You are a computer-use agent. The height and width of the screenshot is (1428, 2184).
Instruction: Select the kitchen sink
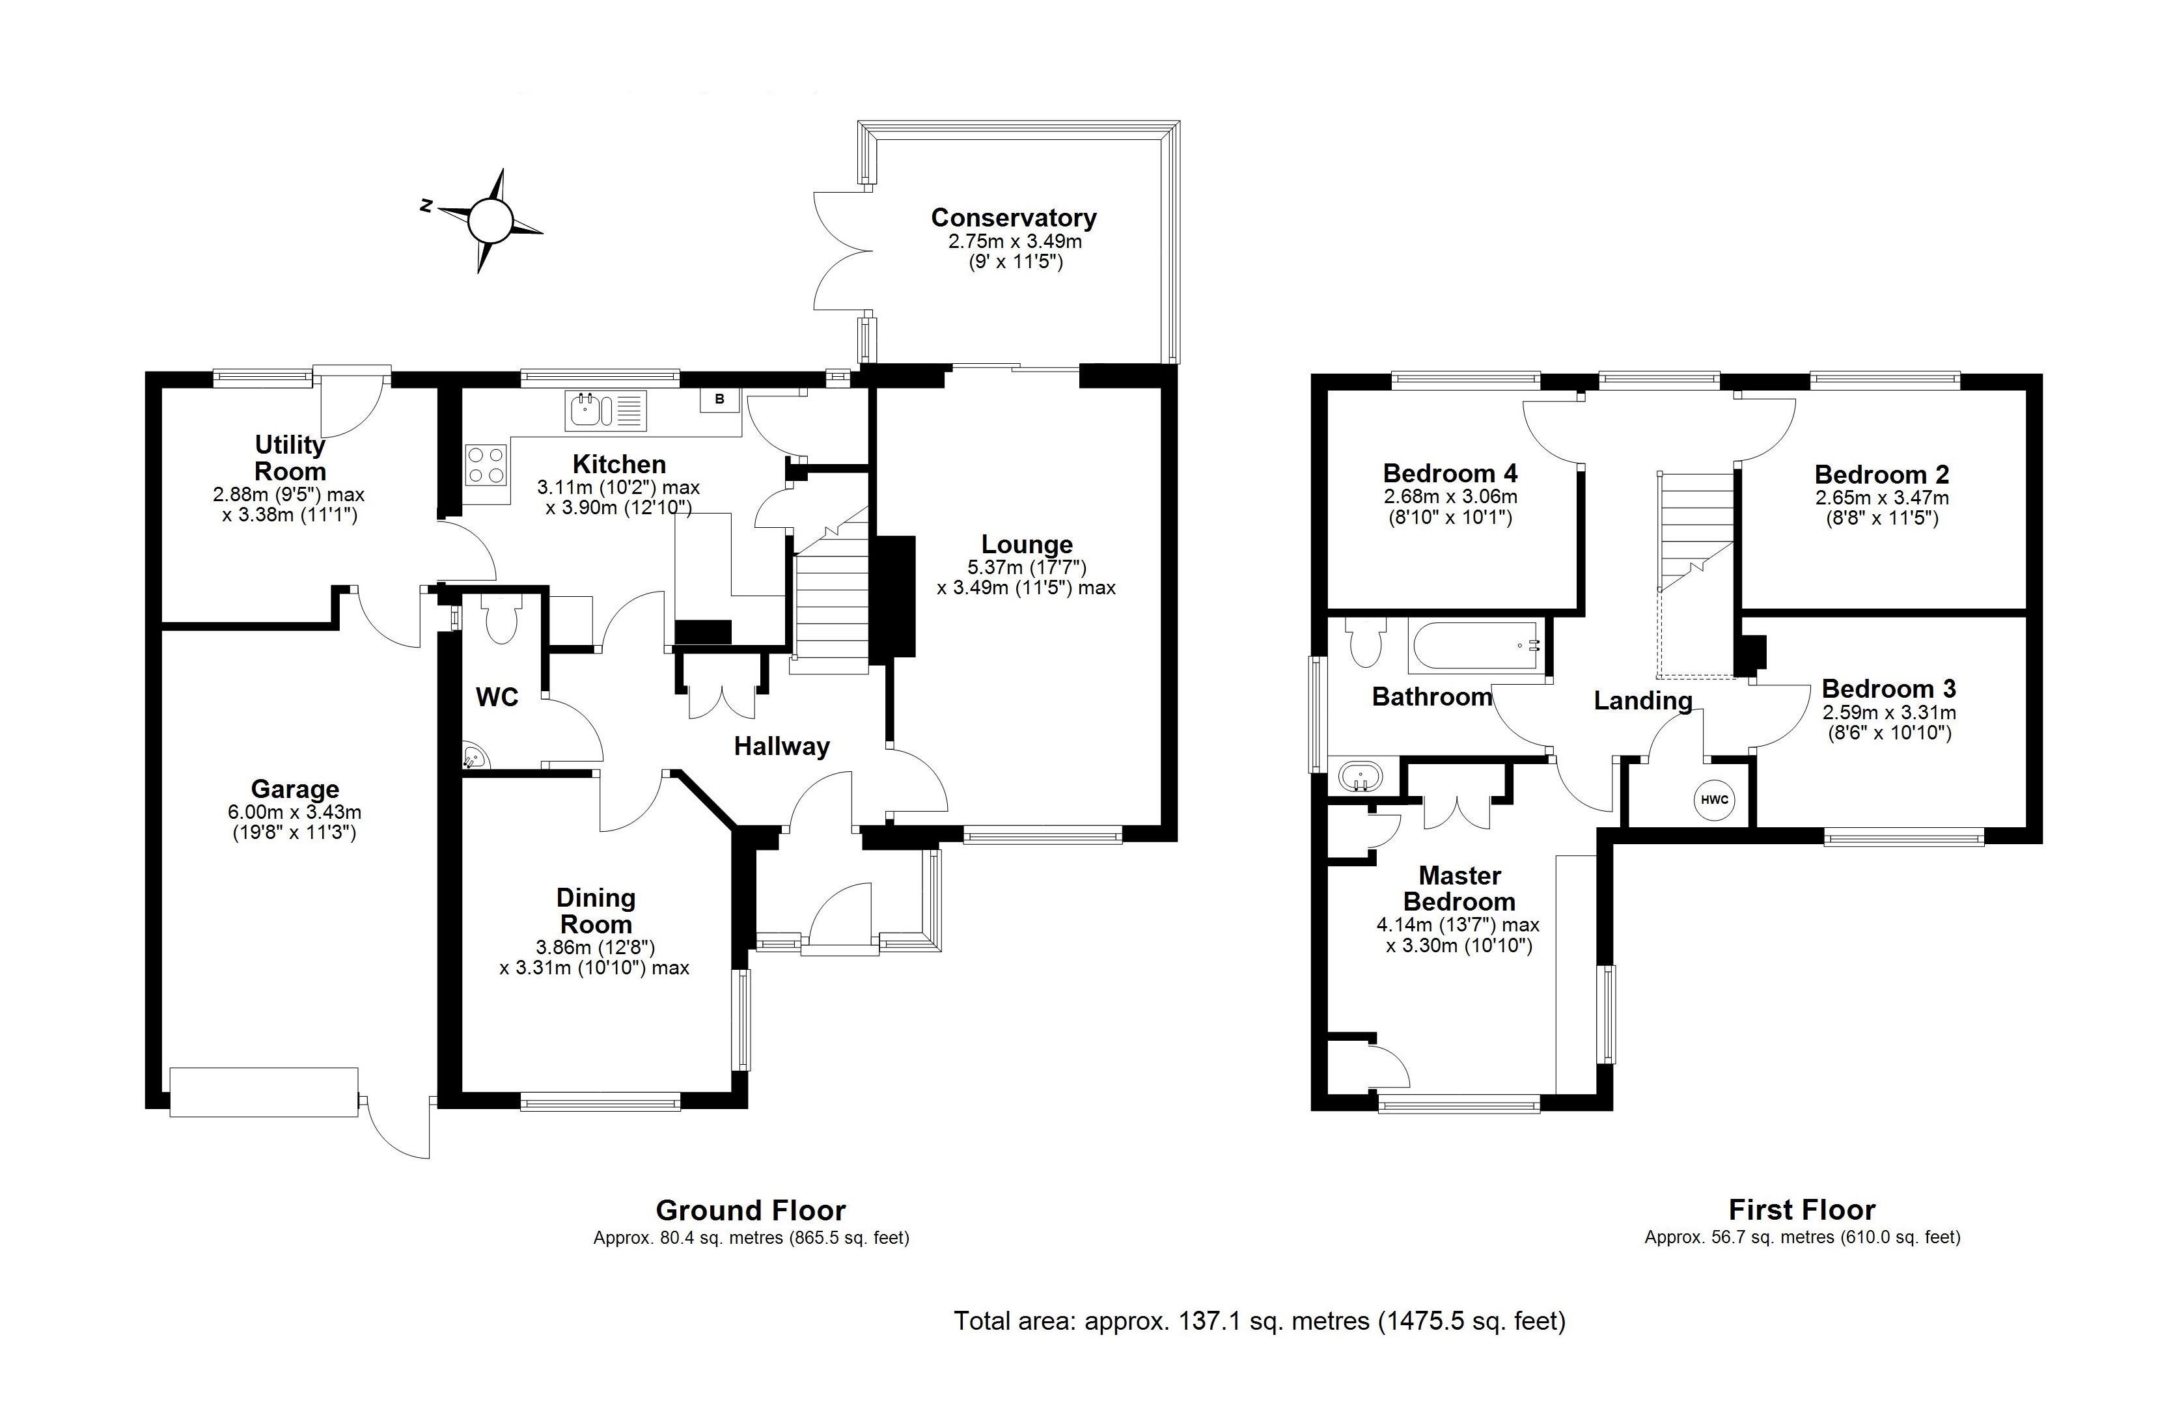(x=605, y=410)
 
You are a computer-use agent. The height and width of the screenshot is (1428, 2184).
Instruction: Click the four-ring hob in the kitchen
(x=486, y=463)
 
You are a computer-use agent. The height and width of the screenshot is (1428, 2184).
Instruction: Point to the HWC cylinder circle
(x=1713, y=799)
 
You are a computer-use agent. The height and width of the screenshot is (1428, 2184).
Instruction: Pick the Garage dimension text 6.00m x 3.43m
(x=295, y=812)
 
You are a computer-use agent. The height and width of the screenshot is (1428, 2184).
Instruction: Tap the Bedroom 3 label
(x=1888, y=689)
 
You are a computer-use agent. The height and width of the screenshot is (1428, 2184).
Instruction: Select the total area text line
(x=1259, y=1321)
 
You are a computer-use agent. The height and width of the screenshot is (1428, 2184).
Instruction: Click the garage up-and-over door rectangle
(x=264, y=1092)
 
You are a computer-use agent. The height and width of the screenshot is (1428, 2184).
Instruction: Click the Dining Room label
(x=596, y=911)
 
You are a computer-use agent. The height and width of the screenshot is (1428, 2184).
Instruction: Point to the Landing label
(x=1642, y=701)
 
